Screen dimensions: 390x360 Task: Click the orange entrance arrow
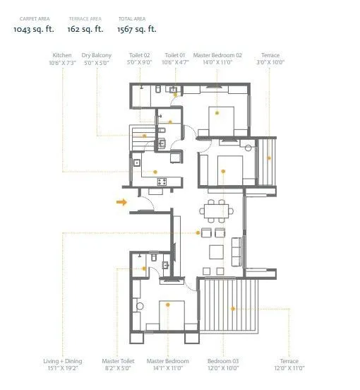point(121,203)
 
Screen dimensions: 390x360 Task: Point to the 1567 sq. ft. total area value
point(136,30)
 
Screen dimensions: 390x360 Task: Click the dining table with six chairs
point(218,211)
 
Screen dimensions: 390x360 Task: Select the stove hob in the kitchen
point(162,182)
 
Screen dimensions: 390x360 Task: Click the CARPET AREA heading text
point(32,18)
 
